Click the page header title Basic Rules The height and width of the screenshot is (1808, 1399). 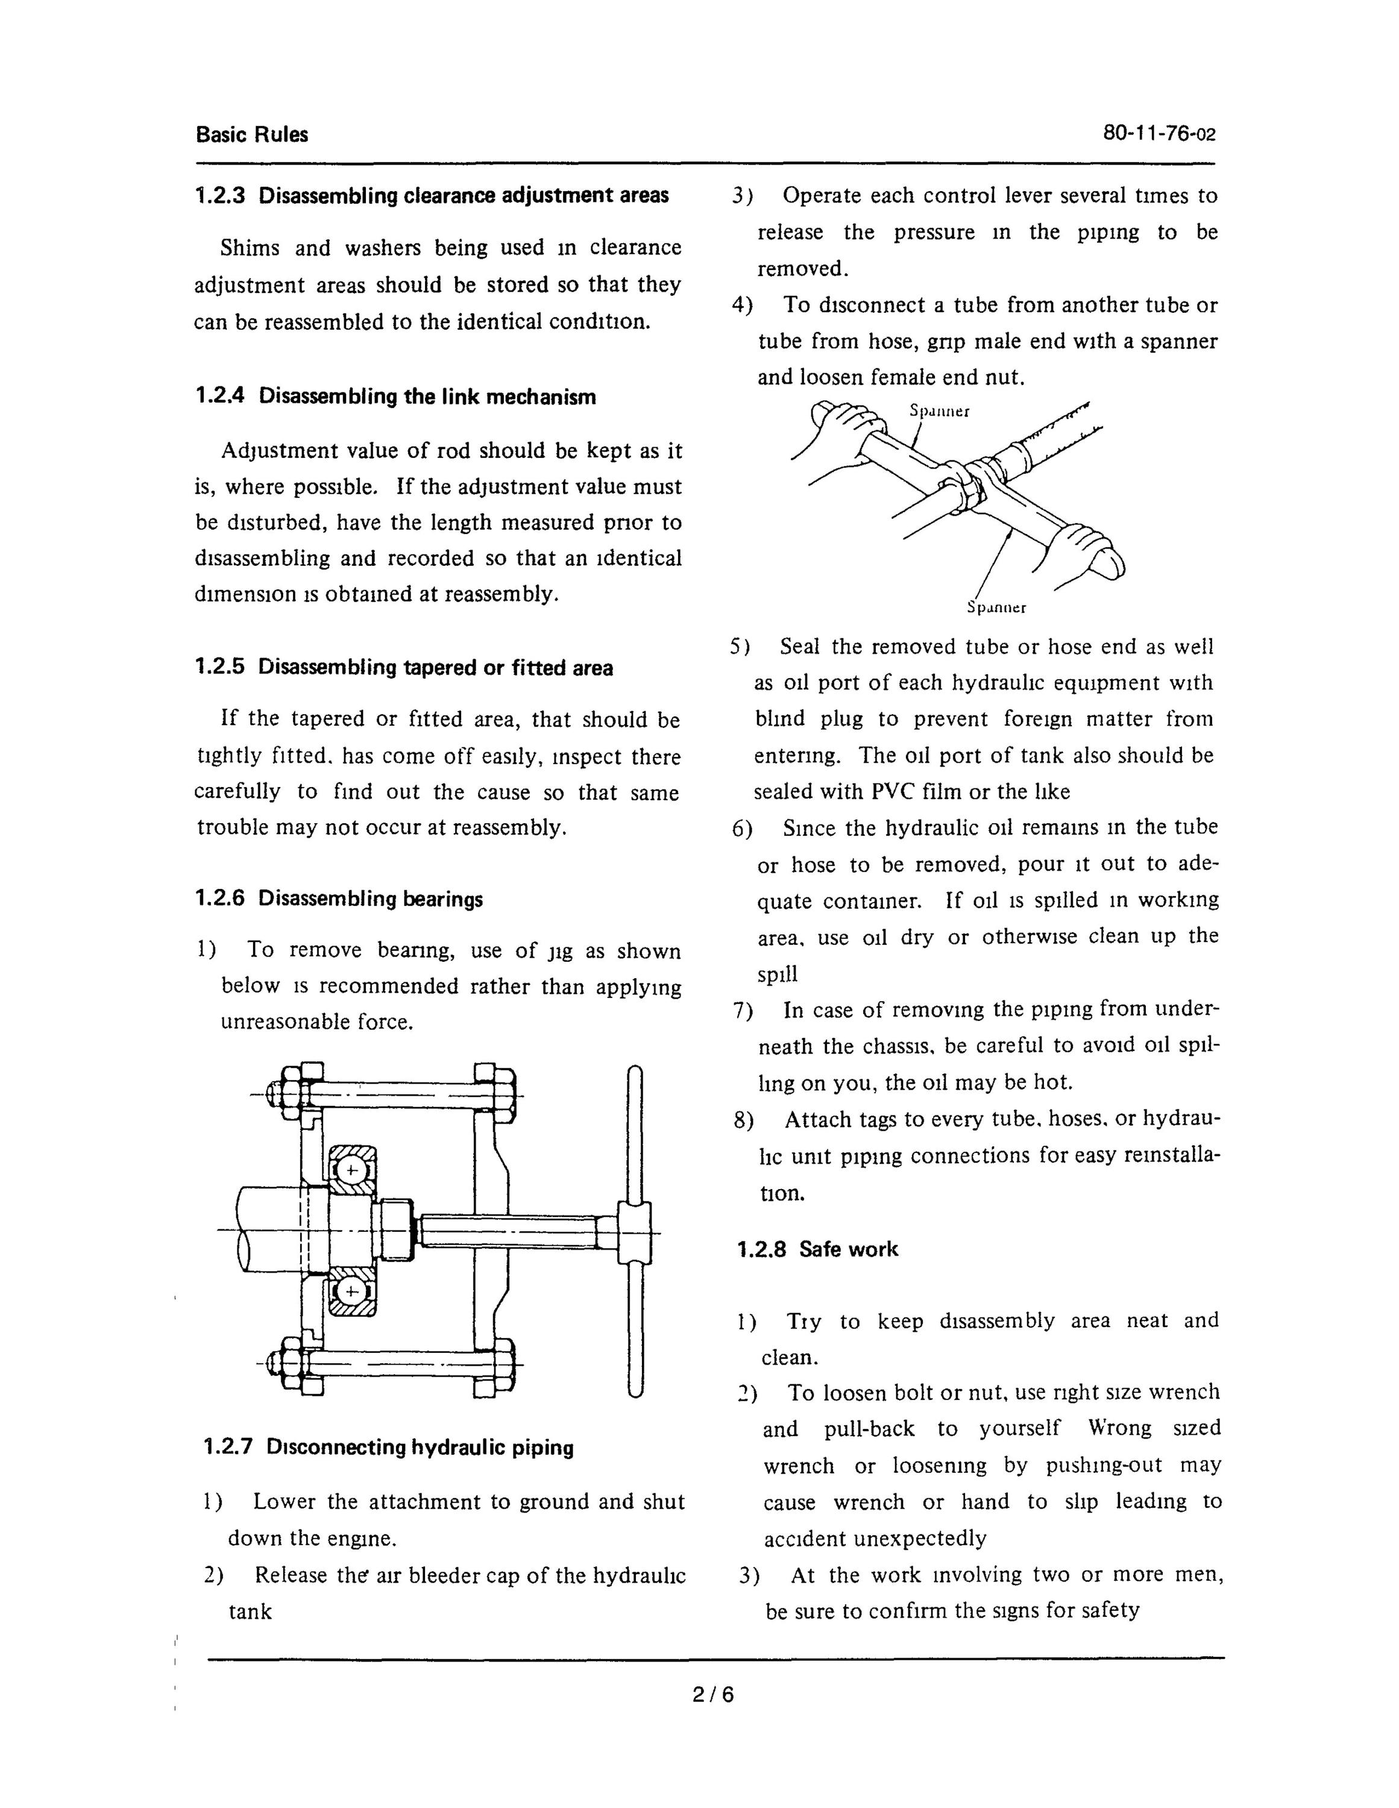[252, 135]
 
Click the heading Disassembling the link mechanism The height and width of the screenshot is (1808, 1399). [427, 397]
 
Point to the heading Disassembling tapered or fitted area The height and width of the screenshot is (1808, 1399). [435, 668]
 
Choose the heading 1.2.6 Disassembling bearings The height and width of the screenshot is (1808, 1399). [339, 899]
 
